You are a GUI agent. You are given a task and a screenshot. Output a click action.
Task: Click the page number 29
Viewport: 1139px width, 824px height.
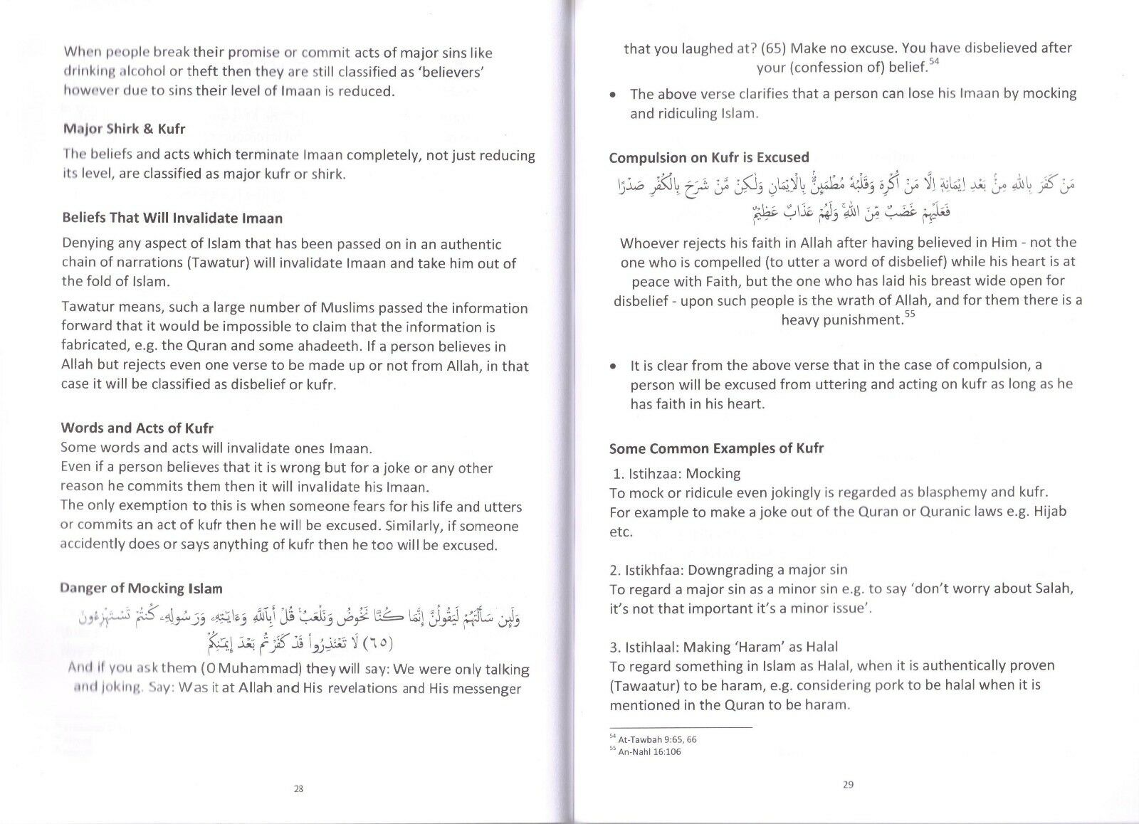point(848,786)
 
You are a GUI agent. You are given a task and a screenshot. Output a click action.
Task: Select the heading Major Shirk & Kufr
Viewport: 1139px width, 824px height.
point(124,129)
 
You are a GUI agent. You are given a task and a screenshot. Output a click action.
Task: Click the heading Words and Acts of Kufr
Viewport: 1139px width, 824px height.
point(137,428)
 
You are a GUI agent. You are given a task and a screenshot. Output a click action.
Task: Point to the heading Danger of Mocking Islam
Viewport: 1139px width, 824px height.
point(142,588)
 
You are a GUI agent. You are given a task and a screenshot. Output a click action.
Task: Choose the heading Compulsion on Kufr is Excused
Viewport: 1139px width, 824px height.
point(709,157)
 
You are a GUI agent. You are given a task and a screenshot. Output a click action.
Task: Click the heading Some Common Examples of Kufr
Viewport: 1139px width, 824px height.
point(716,448)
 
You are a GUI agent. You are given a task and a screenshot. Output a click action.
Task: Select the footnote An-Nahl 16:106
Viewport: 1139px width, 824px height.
point(649,751)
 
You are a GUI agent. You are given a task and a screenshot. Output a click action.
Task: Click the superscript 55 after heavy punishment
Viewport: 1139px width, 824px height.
point(910,314)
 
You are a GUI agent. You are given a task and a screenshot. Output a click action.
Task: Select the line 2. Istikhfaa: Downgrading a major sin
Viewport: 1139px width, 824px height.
point(729,569)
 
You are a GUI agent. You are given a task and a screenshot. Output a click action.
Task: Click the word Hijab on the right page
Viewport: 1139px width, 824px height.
point(1049,512)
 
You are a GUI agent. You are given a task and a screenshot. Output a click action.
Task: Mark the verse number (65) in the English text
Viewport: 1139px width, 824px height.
point(773,48)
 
